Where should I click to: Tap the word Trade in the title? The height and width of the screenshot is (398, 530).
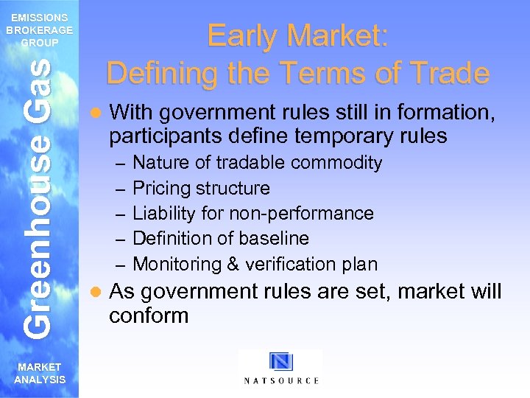(448, 73)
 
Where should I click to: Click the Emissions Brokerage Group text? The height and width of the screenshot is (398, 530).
(39, 30)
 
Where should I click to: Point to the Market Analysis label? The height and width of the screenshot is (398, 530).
(39, 373)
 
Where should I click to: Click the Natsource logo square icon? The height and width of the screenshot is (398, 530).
(280, 362)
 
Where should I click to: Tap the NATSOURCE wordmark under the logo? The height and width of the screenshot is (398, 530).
(280, 381)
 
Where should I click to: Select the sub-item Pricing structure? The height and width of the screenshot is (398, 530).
(201, 188)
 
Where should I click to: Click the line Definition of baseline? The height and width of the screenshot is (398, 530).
(220, 238)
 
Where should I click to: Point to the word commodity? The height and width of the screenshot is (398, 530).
(341, 162)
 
